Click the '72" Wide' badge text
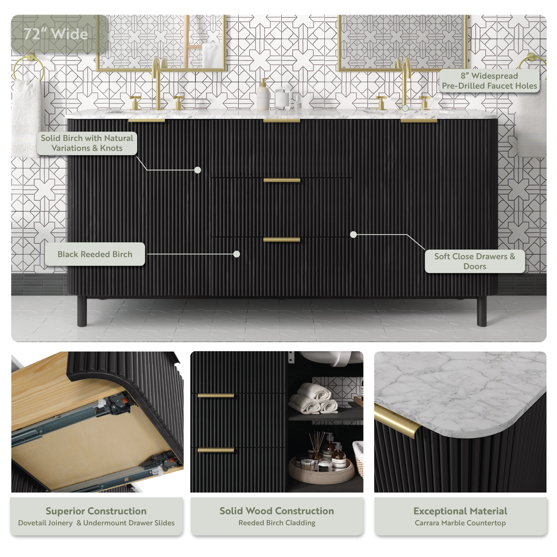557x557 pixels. point(56,34)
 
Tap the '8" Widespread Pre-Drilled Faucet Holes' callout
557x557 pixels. point(489,81)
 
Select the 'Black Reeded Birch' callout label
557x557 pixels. point(95,254)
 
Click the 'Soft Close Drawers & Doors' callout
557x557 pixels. point(475,261)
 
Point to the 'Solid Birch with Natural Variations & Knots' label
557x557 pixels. point(87,143)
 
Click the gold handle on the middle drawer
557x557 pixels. point(282,181)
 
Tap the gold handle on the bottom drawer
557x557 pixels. point(282,240)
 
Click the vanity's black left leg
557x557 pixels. point(82,311)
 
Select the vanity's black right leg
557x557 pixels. point(481,311)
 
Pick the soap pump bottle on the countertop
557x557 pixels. point(263,94)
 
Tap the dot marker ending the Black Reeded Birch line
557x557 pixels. point(236,254)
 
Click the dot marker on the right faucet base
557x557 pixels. point(405,108)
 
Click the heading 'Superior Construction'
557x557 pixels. point(96,511)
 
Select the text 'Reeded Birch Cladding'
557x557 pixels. point(277,523)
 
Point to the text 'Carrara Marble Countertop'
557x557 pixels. point(460,523)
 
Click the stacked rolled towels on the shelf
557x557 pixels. point(314,398)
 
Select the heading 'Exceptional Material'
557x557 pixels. point(460,511)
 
